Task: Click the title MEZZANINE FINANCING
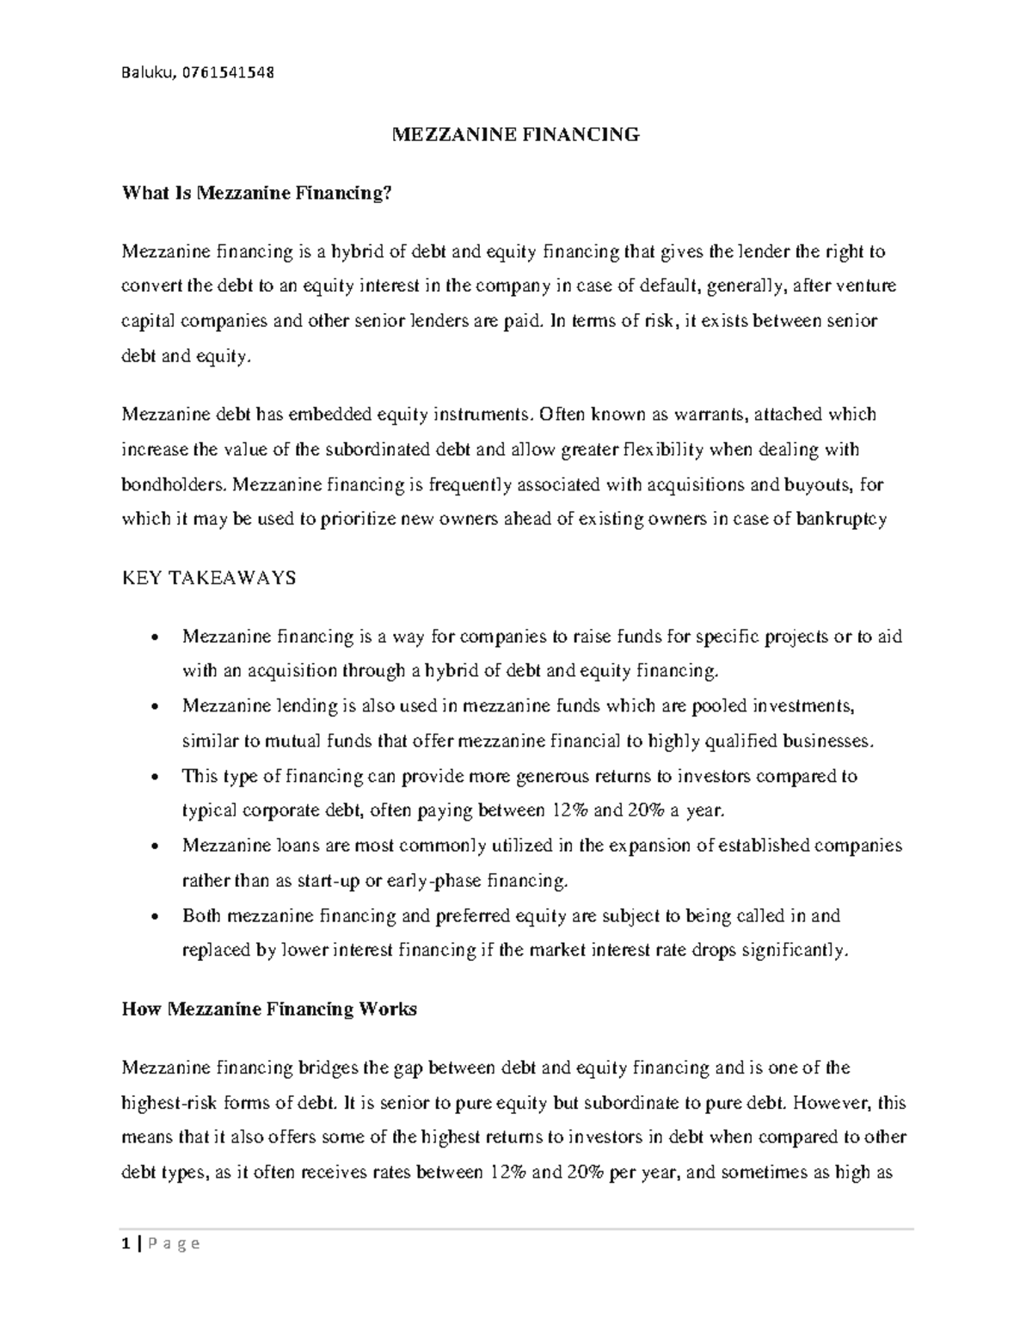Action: pos(515,134)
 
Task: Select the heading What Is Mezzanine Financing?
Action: pos(256,194)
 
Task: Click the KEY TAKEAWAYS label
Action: pos(209,578)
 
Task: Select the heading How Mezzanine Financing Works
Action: pos(269,1009)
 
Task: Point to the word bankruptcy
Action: pos(841,520)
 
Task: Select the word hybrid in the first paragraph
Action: pos(359,252)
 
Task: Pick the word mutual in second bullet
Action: pos(275,742)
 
